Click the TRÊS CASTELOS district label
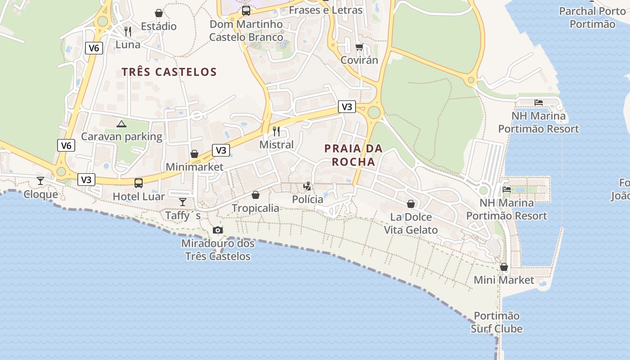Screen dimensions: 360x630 point(169,72)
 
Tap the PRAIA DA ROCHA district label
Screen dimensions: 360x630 point(353,155)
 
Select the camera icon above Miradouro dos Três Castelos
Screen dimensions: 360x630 point(218,230)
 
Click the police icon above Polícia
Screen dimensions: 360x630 point(307,186)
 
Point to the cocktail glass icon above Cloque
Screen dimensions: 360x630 point(40,181)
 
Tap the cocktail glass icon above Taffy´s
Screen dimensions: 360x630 point(183,202)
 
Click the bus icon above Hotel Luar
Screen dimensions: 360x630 point(139,183)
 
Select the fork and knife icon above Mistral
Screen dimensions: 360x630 point(276,131)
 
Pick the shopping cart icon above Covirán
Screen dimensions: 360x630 point(359,47)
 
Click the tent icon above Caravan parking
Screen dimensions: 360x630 point(121,124)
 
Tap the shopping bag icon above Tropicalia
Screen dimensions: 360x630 point(255,195)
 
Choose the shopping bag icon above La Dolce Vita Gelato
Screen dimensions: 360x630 point(411,204)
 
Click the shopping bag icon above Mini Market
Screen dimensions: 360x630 point(504,267)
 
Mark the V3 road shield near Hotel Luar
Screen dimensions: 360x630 point(86,180)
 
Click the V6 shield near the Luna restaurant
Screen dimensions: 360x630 point(94,48)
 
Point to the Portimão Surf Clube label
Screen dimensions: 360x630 point(497,322)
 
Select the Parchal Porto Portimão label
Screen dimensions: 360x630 point(592,18)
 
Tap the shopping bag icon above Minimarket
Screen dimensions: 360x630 point(194,154)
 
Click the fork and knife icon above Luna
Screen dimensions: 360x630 point(128,31)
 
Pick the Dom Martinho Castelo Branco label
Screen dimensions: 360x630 point(246,31)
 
